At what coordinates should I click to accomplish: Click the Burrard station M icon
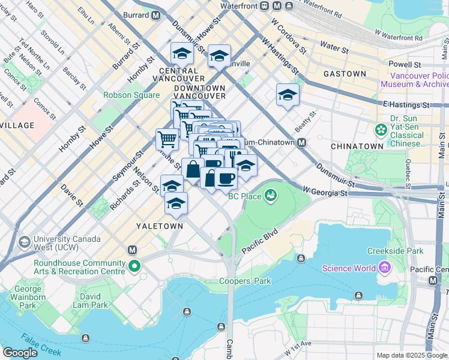click(156, 14)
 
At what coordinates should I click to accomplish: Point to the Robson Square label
click(131, 95)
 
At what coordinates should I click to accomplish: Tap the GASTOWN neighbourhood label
click(345, 74)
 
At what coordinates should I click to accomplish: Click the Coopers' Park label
click(245, 281)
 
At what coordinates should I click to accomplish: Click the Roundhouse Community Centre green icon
click(136, 266)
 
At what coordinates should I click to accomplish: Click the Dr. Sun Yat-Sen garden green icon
click(380, 130)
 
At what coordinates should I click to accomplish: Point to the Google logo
click(20, 352)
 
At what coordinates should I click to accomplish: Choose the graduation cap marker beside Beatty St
click(288, 95)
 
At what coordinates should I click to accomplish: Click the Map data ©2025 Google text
click(411, 355)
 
